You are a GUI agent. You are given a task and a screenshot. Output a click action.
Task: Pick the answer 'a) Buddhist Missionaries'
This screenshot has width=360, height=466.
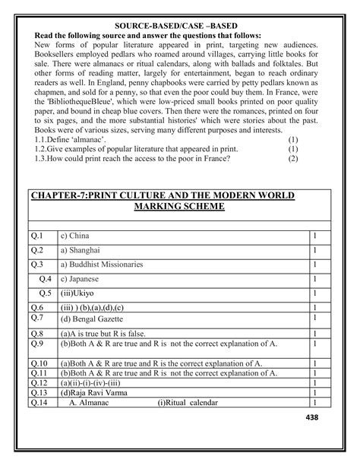(x=102, y=265)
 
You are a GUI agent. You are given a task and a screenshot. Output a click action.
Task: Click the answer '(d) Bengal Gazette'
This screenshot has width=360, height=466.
(x=100, y=319)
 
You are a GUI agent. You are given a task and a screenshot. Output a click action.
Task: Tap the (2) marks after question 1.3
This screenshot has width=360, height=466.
(x=293, y=159)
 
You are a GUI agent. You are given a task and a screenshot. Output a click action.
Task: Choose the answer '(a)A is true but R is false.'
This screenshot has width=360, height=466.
(x=112, y=333)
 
